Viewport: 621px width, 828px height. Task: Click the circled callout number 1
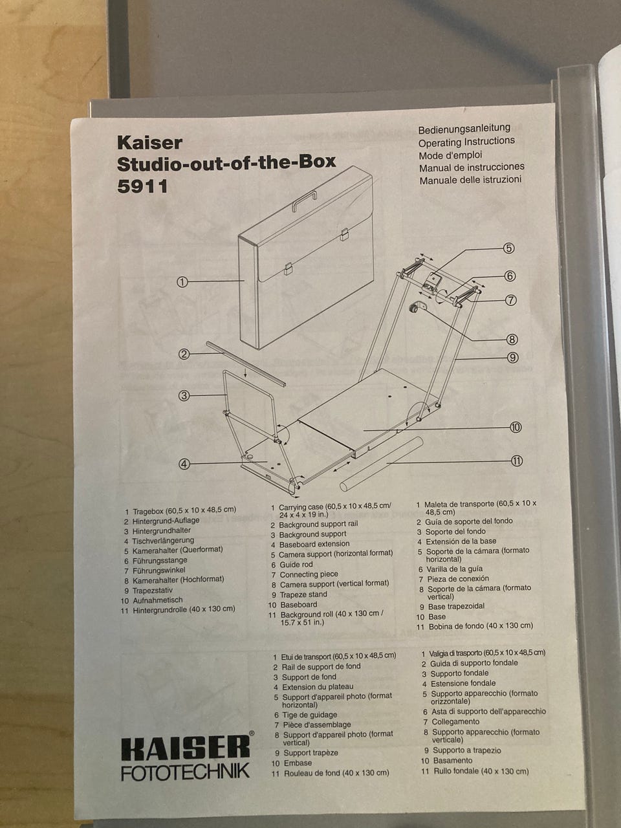[x=182, y=282]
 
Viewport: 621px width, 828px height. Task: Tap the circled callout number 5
[x=509, y=248]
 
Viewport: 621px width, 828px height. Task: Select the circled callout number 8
[x=512, y=340]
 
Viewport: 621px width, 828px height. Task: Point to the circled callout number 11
[x=517, y=461]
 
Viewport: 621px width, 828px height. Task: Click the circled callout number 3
[x=184, y=396]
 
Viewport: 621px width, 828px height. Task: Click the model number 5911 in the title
[x=142, y=186]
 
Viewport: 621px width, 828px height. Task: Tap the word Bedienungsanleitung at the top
[x=464, y=129]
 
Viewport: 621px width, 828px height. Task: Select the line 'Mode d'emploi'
[x=450, y=155]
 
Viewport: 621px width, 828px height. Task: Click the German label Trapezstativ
[x=153, y=591]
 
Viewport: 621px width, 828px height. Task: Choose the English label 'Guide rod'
[x=296, y=565]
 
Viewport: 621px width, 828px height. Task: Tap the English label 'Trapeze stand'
[x=303, y=594]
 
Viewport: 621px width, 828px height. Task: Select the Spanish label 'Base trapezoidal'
[x=456, y=607]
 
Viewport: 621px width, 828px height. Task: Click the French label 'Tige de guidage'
[x=310, y=715]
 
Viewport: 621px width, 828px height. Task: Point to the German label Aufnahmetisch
[x=158, y=600]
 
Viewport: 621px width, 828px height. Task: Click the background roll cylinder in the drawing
[x=381, y=464]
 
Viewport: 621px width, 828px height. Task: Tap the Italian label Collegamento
[x=455, y=722]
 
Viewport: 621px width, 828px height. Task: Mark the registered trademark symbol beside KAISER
[x=252, y=734]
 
